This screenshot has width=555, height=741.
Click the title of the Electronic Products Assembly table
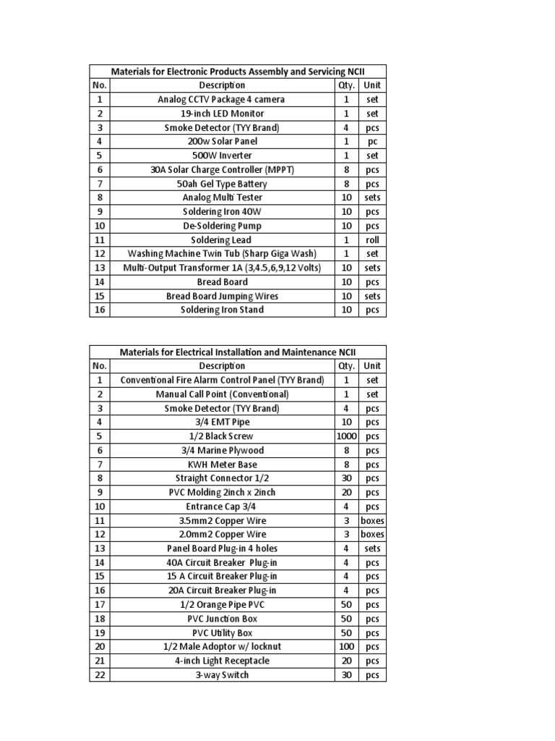(x=238, y=72)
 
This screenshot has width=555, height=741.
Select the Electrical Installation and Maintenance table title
(x=238, y=352)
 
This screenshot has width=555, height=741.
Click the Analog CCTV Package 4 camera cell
(x=221, y=99)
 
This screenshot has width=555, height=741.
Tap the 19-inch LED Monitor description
(x=221, y=114)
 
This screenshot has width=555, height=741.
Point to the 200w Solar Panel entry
(x=221, y=142)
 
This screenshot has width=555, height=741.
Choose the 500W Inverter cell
(x=221, y=156)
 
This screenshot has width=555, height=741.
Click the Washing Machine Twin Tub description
(x=221, y=254)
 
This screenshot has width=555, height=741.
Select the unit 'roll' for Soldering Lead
(x=372, y=240)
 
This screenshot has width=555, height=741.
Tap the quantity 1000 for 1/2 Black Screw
(x=347, y=436)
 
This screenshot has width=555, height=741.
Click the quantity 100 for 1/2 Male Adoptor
(x=347, y=647)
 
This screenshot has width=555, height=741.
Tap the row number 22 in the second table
(x=100, y=675)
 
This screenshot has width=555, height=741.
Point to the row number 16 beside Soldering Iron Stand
(x=100, y=310)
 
